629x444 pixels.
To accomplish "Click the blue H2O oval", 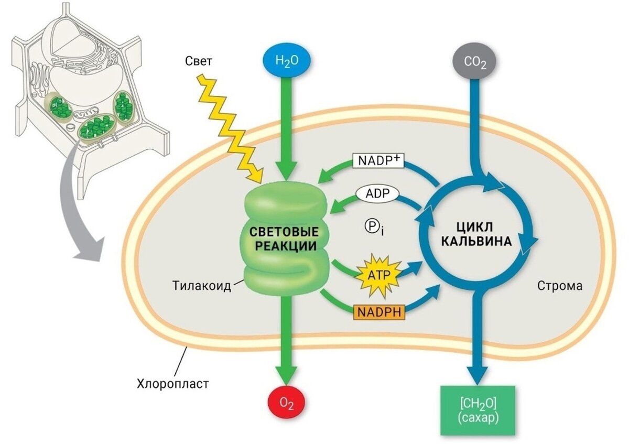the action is (x=286, y=61).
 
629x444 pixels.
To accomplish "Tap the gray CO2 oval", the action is (x=475, y=61).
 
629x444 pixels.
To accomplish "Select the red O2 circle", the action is (x=286, y=405).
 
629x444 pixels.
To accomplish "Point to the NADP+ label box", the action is (x=378, y=160).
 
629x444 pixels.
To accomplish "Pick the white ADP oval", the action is (x=377, y=194).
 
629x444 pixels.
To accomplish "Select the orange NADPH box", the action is (x=379, y=312).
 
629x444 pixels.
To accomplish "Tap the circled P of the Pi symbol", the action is (x=371, y=226).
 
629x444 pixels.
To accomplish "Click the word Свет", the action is (x=199, y=61).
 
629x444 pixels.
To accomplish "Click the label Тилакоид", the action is (x=202, y=286).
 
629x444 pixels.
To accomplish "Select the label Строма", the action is (x=560, y=286).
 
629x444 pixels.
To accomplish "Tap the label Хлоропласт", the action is (x=173, y=383).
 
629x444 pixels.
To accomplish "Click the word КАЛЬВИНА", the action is (x=476, y=242).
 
